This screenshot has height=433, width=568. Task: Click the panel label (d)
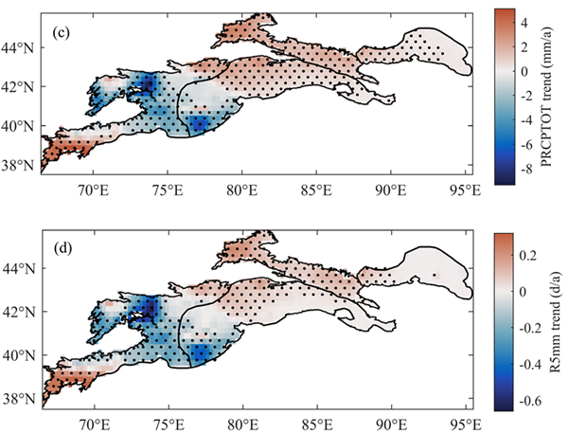pyautogui.click(x=59, y=252)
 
